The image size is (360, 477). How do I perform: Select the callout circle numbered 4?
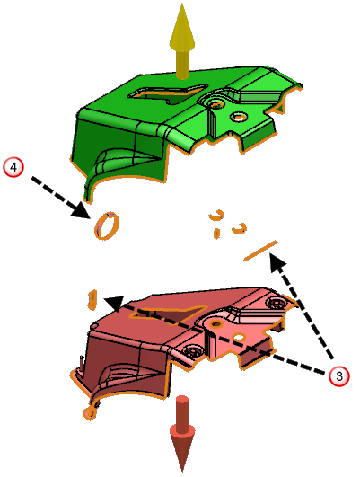coord(13,167)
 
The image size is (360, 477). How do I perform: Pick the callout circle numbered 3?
coord(339,376)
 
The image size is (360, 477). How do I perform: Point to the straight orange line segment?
coord(261,251)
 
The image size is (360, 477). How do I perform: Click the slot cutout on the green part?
coord(168,93)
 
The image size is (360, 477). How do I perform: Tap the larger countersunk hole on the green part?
coord(215,104)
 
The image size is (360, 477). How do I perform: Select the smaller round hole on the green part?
coord(239,117)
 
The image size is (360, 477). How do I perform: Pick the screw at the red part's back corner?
coord(276,303)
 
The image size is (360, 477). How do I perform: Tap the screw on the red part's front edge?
coord(194,351)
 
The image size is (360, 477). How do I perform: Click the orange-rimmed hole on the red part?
coord(216,323)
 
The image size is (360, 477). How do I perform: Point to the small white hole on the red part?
coord(240,337)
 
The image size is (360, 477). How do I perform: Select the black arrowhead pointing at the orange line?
coord(277,263)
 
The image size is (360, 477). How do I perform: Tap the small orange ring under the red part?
coord(90,412)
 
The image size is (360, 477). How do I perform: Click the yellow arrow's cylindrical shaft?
coord(182,65)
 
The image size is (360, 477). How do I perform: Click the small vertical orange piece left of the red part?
coord(92,300)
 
